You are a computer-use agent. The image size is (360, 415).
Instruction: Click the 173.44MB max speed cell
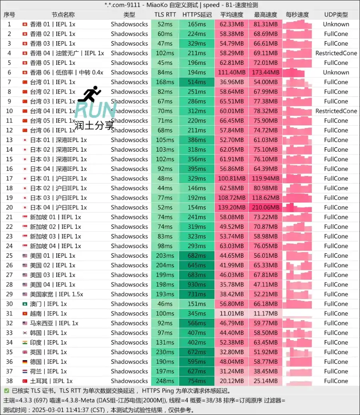click(266, 72)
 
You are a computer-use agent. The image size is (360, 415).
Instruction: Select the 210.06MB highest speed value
click(266, 207)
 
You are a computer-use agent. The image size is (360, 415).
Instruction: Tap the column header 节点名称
click(63, 15)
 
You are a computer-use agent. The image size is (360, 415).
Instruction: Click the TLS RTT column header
click(165, 15)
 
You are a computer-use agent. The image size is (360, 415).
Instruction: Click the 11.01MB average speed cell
click(232, 313)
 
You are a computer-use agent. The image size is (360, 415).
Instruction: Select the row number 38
click(9, 381)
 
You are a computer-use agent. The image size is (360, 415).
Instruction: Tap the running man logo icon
click(90, 94)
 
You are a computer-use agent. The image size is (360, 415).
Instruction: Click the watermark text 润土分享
click(94, 126)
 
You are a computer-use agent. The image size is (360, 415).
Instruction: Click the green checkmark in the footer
click(6, 391)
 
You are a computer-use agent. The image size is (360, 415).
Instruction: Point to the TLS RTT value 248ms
click(165, 381)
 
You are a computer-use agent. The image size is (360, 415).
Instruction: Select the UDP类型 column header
click(336, 15)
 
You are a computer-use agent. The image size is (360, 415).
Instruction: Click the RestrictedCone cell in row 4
click(336, 53)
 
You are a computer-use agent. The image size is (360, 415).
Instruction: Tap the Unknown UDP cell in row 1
click(336, 24)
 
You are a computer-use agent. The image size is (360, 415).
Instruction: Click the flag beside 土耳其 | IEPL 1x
click(25, 381)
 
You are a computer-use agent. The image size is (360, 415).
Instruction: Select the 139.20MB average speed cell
click(232, 207)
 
